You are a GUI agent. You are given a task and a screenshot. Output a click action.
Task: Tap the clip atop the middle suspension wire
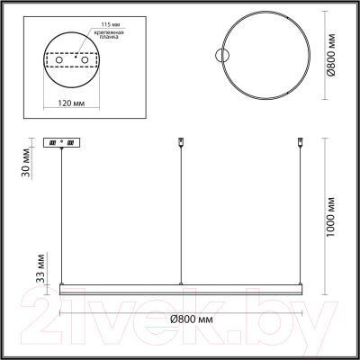(x=182, y=142)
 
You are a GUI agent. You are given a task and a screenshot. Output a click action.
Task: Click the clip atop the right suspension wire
(x=299, y=142)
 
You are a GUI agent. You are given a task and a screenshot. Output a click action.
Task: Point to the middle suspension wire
(x=182, y=216)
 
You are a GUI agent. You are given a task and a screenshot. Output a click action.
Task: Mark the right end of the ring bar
(x=301, y=287)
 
